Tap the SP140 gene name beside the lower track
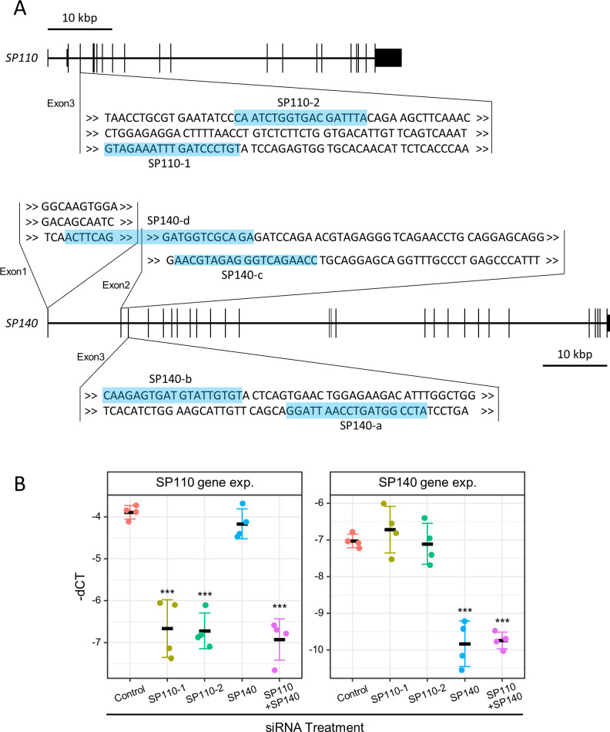tap(22, 325)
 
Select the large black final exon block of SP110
tap(388, 58)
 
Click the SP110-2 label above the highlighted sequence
tap(300, 101)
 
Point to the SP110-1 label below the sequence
tap(170, 163)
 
